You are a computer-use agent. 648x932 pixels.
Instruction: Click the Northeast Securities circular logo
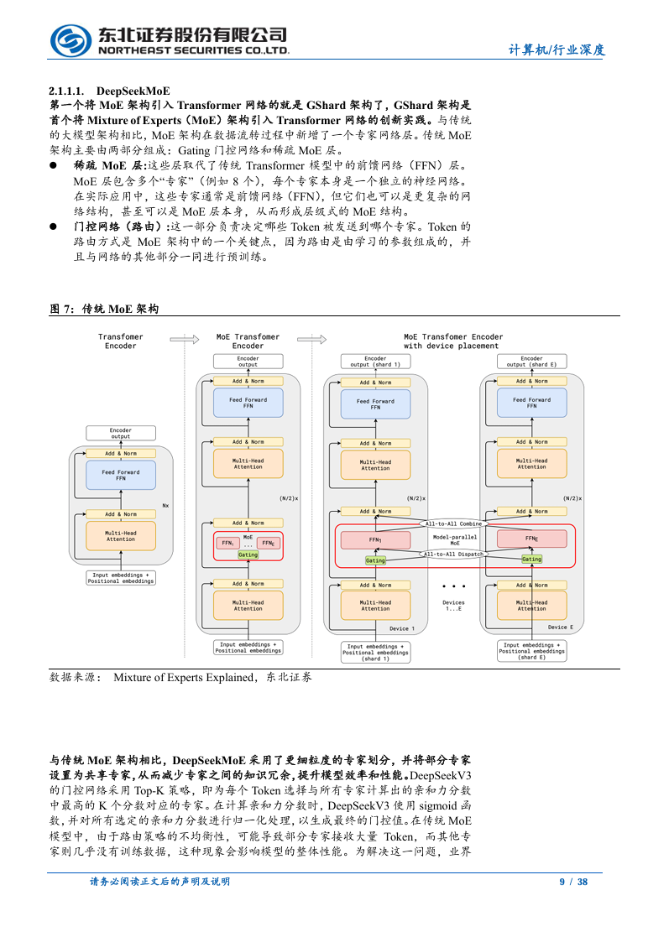tap(71, 39)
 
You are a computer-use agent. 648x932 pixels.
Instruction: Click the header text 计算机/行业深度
tap(557, 49)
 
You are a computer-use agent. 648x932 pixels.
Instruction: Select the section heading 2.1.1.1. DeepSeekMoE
tap(109, 91)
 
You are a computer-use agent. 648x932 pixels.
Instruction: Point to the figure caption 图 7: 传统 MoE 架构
tap(104, 309)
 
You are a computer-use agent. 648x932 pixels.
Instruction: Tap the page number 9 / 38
tap(573, 882)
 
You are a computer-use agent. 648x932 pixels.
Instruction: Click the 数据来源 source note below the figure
tap(180, 676)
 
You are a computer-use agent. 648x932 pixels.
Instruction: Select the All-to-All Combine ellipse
tap(452, 523)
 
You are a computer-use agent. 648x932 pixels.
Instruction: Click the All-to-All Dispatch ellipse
tap(452, 554)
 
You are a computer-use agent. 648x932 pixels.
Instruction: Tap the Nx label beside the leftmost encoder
tap(165, 505)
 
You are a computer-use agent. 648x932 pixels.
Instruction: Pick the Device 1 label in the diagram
tap(401, 627)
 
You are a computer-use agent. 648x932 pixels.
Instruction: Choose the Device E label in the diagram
tap(561, 627)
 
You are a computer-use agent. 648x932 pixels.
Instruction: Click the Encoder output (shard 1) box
tap(375, 362)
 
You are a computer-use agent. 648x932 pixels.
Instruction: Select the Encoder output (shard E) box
tap(531, 362)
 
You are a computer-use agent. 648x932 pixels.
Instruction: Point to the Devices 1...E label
tap(453, 604)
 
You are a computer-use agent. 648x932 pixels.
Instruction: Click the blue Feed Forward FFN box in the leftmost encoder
tap(121, 476)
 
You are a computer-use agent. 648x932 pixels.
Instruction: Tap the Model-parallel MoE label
tap(454, 539)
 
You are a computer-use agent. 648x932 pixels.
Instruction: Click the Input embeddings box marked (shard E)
tap(531, 651)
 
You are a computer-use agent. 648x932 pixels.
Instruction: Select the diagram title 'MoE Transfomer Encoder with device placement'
tap(452, 341)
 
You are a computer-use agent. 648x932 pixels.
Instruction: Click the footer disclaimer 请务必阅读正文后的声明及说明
tap(159, 882)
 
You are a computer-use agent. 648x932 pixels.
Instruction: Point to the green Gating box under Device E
tap(531, 560)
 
